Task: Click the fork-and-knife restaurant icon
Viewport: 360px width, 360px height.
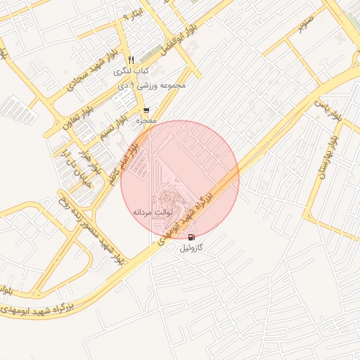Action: [131, 60]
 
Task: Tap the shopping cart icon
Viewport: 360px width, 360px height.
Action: [146, 111]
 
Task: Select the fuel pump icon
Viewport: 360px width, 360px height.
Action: [192, 237]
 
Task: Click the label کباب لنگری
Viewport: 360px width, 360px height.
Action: [133, 72]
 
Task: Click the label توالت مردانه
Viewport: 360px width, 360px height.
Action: [152, 211]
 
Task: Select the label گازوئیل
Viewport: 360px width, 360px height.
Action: [192, 248]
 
